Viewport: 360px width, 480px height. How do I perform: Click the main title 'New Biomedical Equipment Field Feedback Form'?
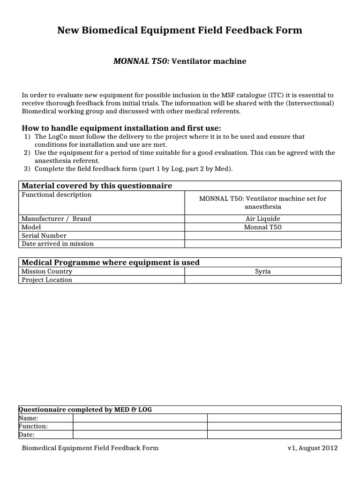[x=180, y=30]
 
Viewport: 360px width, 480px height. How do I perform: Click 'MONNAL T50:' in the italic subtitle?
[x=142, y=61]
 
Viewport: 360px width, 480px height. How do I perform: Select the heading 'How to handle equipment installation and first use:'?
[x=121, y=128]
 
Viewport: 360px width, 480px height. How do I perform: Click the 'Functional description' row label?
[x=57, y=195]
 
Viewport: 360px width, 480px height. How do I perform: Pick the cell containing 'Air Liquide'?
[x=262, y=219]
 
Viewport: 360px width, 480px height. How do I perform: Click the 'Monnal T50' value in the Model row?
[x=262, y=227]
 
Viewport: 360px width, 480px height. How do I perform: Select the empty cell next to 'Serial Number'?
[x=262, y=235]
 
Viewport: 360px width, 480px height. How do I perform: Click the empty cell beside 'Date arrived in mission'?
[x=262, y=243]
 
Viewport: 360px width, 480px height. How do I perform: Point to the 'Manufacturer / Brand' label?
[x=57, y=219]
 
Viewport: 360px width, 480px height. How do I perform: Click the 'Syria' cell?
[x=262, y=271]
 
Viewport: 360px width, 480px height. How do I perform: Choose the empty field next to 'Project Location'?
[x=262, y=280]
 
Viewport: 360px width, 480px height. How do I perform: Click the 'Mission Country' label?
[x=47, y=271]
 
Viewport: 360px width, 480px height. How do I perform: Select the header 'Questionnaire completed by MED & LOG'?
[x=85, y=410]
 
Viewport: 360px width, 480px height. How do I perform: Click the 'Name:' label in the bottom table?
[x=29, y=418]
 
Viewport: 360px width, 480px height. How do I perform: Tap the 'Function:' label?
[x=33, y=426]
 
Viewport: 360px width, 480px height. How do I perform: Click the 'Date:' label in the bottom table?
[x=27, y=435]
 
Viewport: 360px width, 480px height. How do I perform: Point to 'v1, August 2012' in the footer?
[x=312, y=448]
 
